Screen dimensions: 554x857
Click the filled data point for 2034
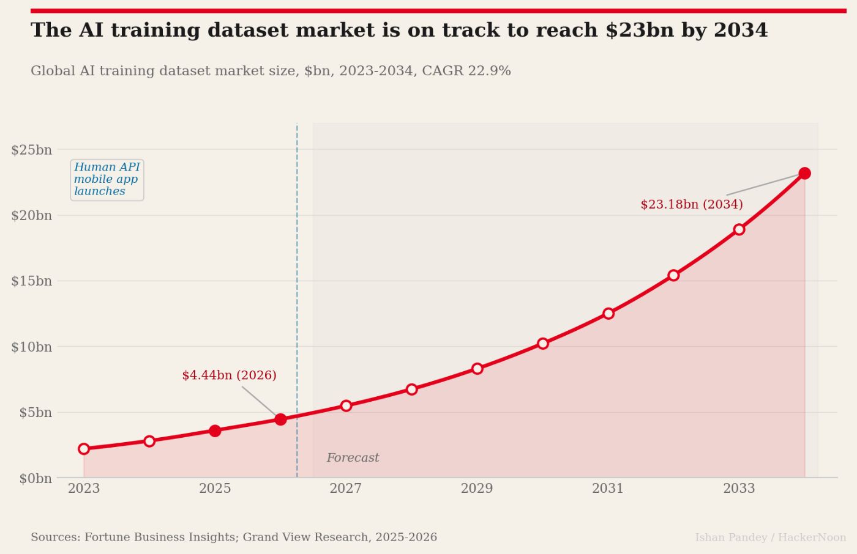tap(804, 173)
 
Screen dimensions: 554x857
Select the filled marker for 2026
tap(280, 419)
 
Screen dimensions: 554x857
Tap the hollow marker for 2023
tap(84, 449)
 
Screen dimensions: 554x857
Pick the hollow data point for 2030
tap(542, 344)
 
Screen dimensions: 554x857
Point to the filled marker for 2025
tap(215, 431)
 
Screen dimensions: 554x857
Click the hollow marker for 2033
tap(739, 229)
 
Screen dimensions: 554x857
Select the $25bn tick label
tap(32, 150)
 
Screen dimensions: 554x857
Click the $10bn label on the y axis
tap(32, 347)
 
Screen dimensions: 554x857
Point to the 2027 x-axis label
tap(346, 489)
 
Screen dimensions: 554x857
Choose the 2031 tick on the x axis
tap(608, 489)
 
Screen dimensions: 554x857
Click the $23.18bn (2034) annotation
tap(692, 204)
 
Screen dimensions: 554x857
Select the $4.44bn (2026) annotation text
tap(229, 375)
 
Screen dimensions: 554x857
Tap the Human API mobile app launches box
tap(107, 179)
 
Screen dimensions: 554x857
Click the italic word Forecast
tap(353, 458)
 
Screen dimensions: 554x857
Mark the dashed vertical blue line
tap(297, 275)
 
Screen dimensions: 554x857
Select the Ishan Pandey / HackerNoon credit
tap(770, 537)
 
